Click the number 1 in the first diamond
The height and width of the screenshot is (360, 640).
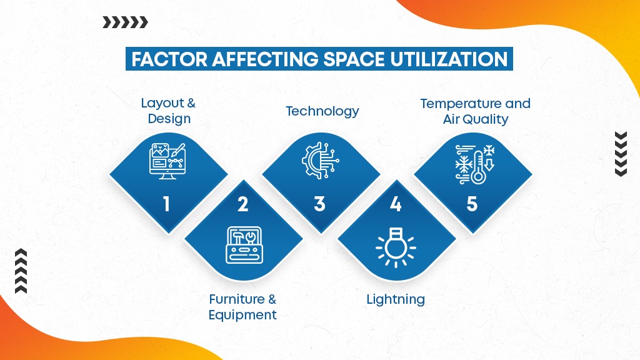point(166,204)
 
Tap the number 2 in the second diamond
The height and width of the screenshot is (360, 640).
point(242,204)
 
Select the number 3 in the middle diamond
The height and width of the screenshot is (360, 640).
point(319,204)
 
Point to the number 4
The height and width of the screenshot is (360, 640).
point(395,204)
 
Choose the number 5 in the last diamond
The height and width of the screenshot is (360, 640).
point(472,204)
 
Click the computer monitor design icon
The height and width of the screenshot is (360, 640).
point(167,161)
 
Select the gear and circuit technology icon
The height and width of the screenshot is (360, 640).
point(320,161)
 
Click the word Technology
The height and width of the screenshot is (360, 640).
point(322,111)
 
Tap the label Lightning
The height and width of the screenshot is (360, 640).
point(396,299)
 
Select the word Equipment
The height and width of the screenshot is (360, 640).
point(242,315)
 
